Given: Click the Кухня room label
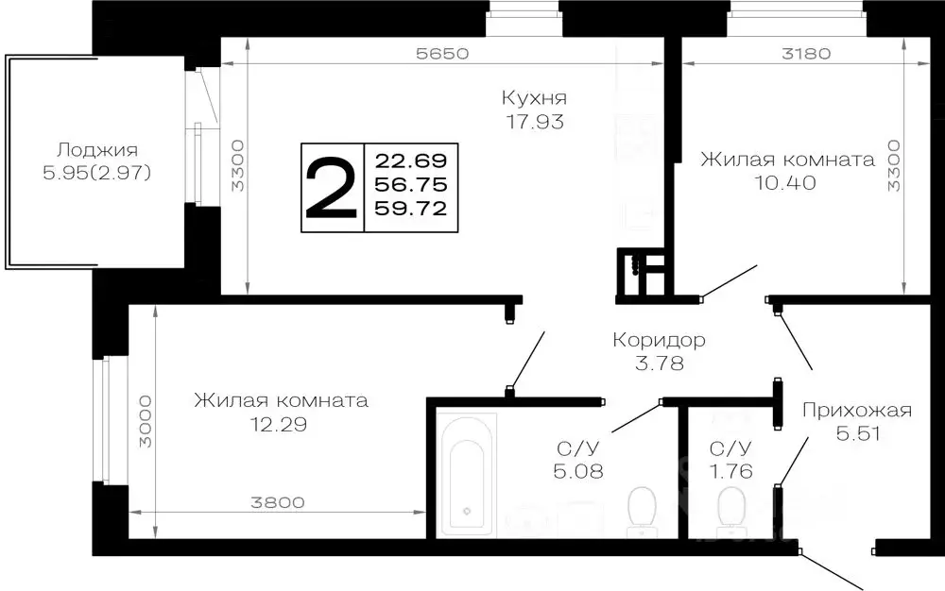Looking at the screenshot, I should (x=534, y=98).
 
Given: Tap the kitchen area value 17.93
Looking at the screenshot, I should (x=534, y=122).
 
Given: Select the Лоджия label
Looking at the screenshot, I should (x=97, y=150).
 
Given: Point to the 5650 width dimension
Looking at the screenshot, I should (x=442, y=54).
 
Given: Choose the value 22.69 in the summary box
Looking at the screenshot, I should (x=411, y=157).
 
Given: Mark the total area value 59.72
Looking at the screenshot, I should (x=411, y=208).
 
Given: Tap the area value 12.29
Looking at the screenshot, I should (x=280, y=425).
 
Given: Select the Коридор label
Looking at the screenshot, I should (x=659, y=340).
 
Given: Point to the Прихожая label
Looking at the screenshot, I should (x=856, y=410).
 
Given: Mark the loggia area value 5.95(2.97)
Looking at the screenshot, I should (x=97, y=174).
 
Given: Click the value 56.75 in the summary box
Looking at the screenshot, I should (x=411, y=182).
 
